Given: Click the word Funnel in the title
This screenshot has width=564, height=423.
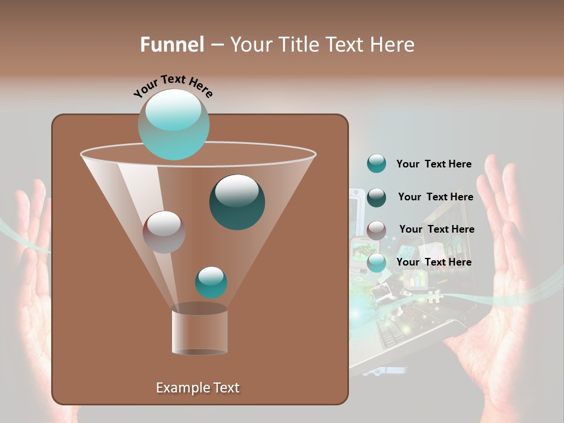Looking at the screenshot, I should coord(172,45).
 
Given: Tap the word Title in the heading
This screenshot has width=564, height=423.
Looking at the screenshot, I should coord(298,45).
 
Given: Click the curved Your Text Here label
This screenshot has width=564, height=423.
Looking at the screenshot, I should coord(173,86).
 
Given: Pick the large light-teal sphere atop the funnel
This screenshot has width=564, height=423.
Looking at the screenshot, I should coord(174,124).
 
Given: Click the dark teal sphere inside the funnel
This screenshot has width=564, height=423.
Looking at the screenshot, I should coord(237,202).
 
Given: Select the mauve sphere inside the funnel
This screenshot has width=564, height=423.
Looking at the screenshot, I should coord(164,231).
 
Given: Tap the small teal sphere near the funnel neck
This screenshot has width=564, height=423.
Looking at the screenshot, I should coord(211,282).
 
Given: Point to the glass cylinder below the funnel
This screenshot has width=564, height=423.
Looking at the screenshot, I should coord(199,331).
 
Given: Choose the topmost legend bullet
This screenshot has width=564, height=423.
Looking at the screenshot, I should coord(377,164).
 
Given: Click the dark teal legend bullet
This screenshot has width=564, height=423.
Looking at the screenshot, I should coord(377,197).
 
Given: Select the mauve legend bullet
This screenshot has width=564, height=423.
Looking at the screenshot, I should coord(377,230).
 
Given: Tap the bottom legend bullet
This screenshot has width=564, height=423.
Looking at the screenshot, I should coord(377,263).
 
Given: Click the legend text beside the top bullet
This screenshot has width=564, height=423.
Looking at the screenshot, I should coord(434,164).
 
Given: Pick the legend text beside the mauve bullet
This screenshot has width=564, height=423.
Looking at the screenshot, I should coord(437,229).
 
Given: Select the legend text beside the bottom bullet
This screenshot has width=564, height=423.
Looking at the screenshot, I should coord(434,262).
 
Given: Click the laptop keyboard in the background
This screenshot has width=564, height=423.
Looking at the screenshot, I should coord(411,329).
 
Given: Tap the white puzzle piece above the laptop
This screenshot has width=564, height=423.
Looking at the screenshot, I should coord(433,297).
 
